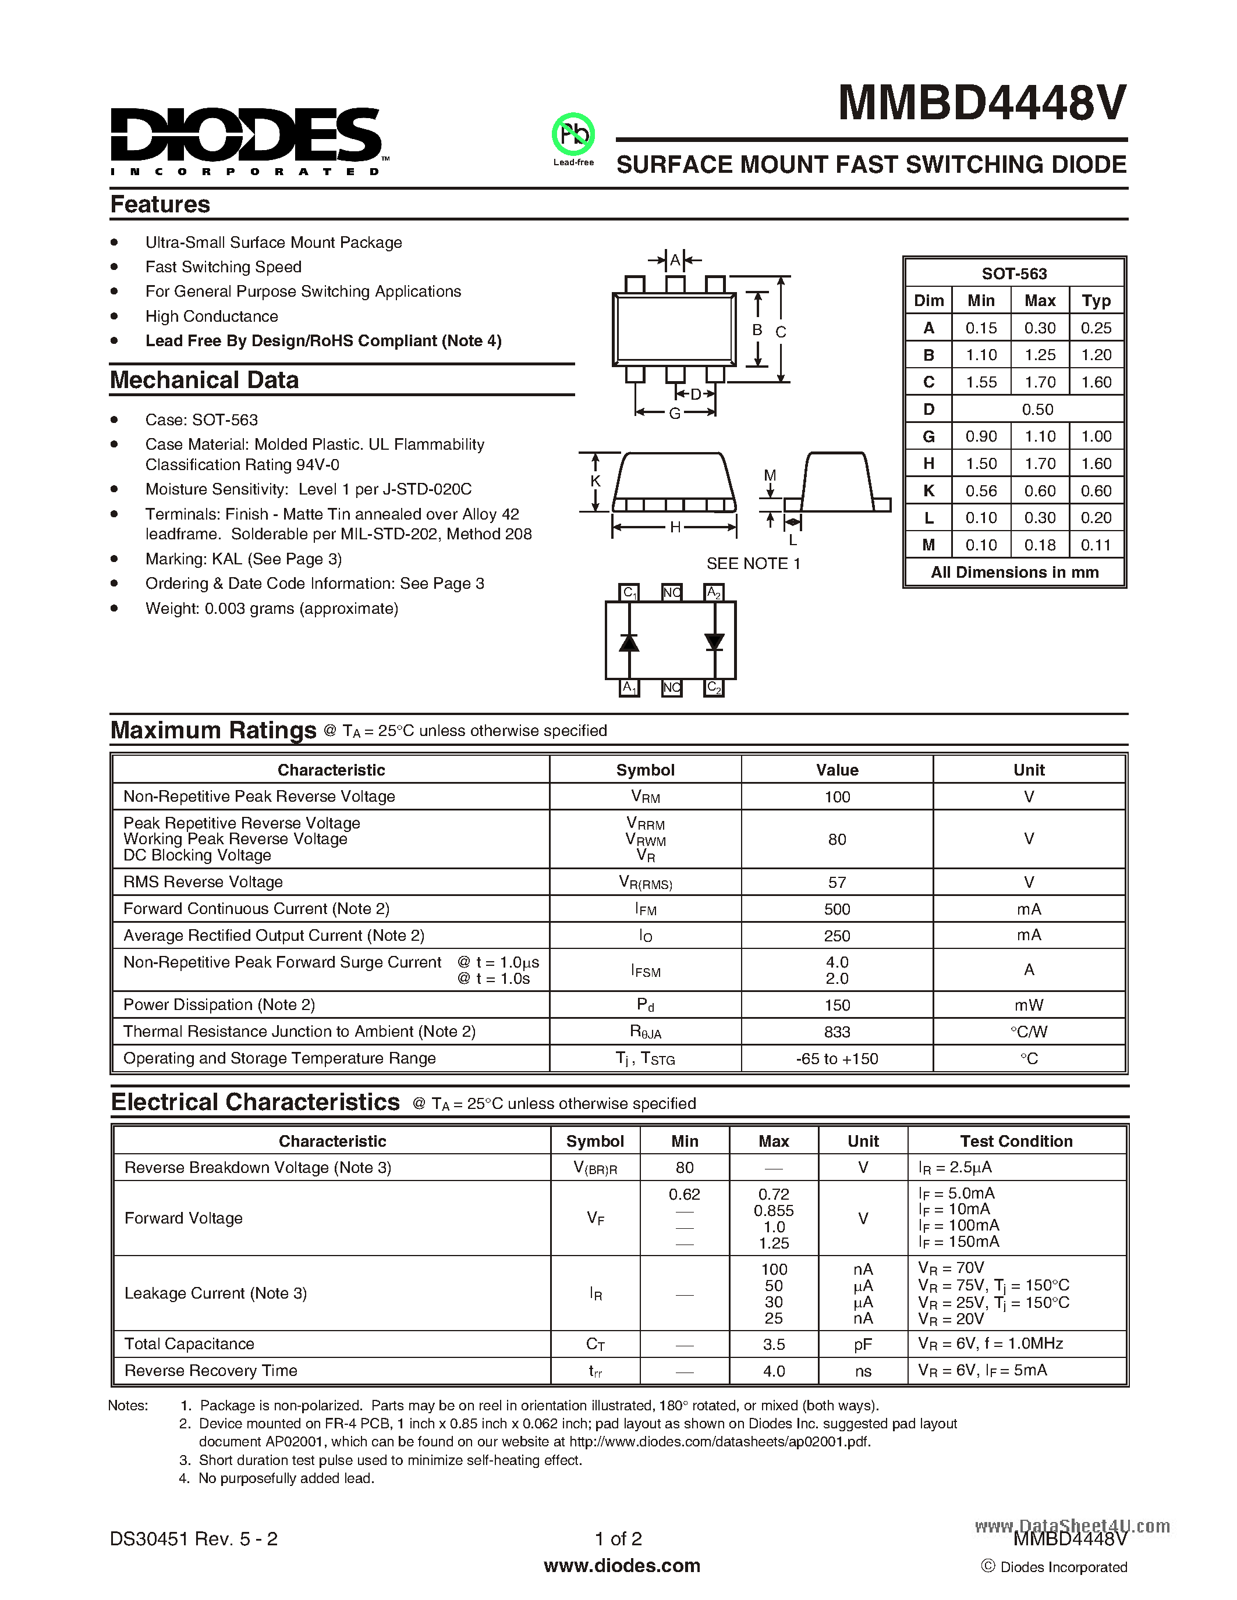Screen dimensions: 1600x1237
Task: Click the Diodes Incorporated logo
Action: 246,139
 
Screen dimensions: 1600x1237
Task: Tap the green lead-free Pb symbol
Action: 573,134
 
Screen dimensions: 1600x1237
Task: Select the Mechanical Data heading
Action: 204,381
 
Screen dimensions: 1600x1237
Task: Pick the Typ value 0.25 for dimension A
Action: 1096,328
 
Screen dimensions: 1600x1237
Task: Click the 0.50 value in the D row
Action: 1038,410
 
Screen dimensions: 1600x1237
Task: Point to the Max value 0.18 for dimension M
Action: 1040,545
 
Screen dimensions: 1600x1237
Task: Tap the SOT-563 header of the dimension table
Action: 1014,274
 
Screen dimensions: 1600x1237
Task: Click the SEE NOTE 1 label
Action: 753,563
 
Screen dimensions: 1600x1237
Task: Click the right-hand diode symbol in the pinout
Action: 714,642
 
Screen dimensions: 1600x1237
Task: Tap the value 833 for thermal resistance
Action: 837,1032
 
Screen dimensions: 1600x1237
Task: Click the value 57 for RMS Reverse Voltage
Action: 837,882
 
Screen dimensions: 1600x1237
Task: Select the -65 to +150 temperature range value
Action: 837,1058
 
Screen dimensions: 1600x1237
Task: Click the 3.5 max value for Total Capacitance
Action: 774,1345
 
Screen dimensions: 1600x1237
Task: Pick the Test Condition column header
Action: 1016,1141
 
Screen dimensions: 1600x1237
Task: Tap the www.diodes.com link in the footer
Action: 622,1566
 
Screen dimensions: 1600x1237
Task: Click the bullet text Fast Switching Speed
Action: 224,266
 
